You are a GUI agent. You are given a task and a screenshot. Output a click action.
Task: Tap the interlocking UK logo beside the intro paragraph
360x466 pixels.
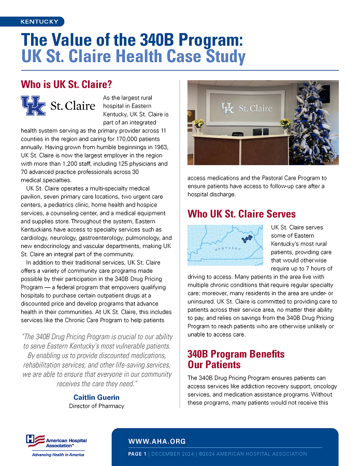pos(33,106)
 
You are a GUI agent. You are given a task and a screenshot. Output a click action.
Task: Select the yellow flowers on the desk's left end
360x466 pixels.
pos(197,124)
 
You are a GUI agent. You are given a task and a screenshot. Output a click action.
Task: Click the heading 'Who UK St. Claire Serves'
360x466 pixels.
pos(241,214)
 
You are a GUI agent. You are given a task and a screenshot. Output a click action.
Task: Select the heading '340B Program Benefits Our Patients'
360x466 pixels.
pos(236,359)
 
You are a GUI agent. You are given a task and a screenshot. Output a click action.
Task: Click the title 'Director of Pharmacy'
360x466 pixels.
pos(96,406)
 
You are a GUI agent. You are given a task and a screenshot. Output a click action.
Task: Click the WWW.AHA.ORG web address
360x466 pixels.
pos(157,442)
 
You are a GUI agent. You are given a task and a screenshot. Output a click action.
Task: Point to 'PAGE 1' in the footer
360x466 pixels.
pos(137,454)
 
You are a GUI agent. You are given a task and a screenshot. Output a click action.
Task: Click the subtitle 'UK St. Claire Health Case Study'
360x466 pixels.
pos(133,56)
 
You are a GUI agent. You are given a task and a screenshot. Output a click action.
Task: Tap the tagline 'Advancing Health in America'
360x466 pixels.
pos(57,455)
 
